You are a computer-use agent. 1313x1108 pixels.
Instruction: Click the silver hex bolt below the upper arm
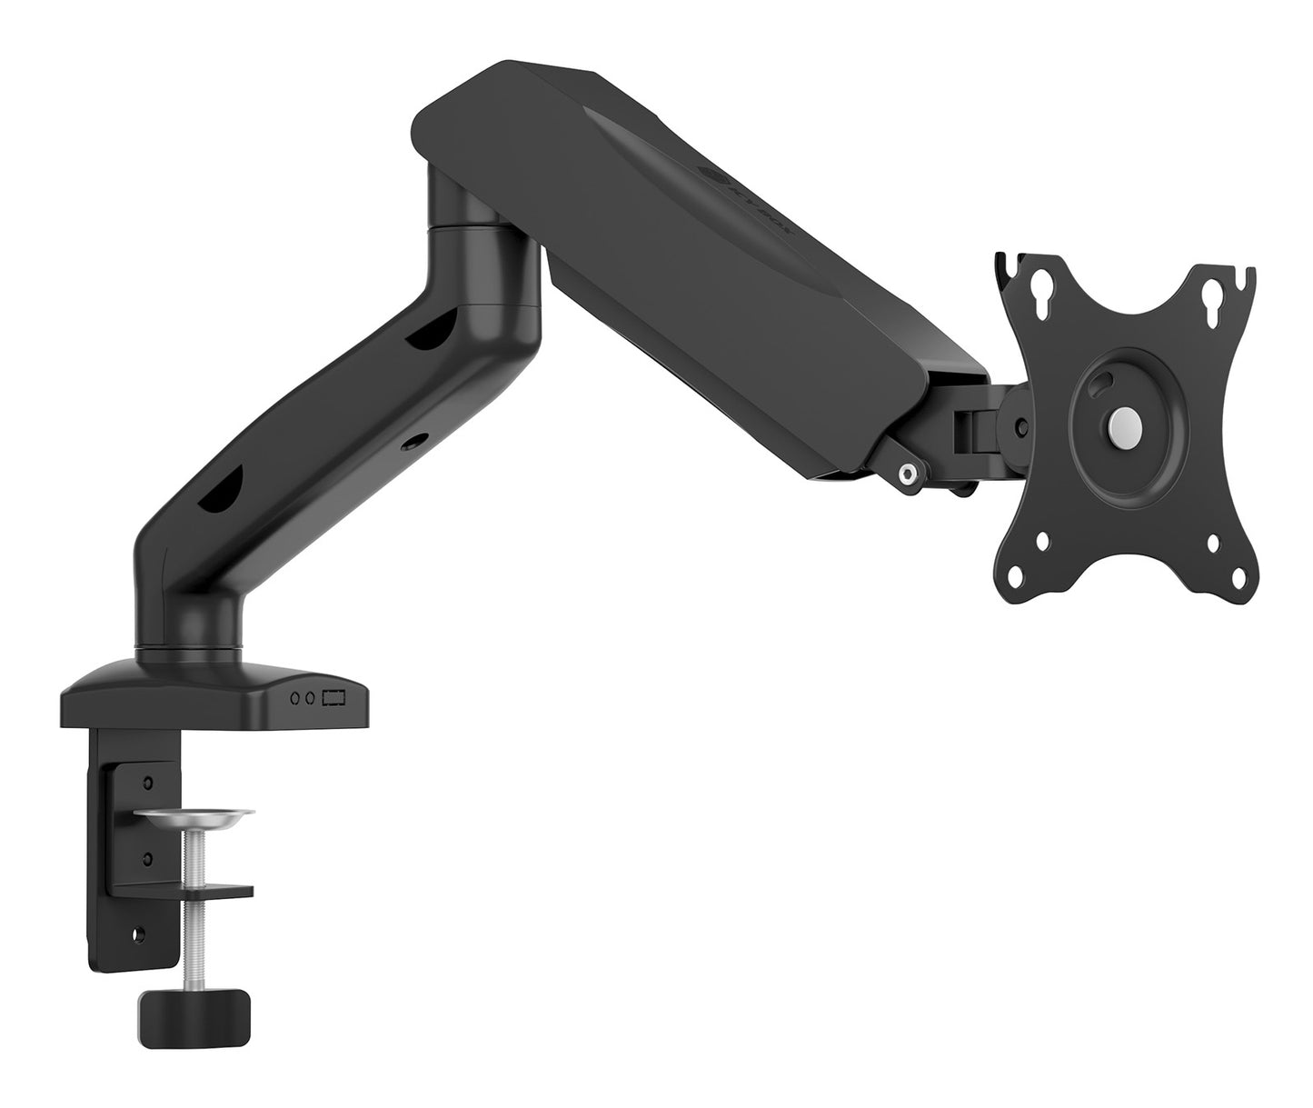[907, 472]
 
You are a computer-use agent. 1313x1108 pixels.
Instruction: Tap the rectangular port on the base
[335, 697]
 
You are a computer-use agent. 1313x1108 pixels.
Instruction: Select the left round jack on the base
[294, 697]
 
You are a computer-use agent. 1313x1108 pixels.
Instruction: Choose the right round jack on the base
[311, 697]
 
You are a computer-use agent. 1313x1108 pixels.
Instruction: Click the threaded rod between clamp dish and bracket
[193, 863]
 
